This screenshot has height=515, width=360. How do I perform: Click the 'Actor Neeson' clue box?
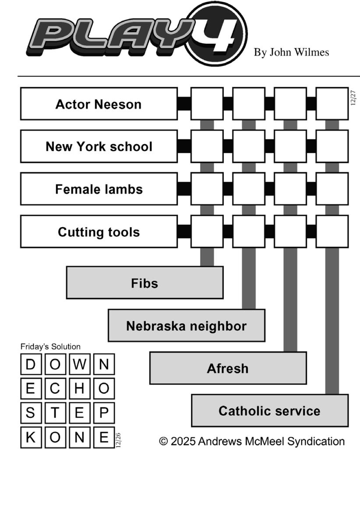coord(99,104)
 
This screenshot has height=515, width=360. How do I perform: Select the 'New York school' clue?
coord(99,146)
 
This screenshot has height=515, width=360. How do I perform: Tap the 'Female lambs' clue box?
coord(99,189)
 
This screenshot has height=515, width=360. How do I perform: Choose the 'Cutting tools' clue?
coord(99,231)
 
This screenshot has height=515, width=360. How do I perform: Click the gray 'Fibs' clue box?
coord(145,283)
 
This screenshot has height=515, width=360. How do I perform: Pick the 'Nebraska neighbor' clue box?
coord(186,326)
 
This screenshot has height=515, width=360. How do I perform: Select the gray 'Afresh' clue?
coord(228,368)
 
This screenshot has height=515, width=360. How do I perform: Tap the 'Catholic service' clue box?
coord(269,411)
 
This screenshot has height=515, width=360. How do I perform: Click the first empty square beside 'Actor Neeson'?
coord(207,104)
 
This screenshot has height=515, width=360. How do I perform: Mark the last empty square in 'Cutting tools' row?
coord(332,231)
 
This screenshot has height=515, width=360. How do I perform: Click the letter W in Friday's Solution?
coord(79,364)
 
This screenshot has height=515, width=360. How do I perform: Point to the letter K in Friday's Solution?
coord(31,437)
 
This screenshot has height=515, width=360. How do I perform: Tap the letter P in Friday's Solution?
coord(104,413)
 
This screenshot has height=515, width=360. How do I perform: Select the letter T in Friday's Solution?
coord(55,413)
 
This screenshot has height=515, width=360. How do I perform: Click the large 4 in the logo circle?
coord(217,34)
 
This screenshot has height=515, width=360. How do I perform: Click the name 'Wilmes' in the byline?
coord(312,53)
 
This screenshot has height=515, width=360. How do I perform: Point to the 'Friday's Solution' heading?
coord(50,347)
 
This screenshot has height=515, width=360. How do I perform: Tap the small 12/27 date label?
coord(353,98)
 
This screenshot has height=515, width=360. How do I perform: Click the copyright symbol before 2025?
coord(163,441)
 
